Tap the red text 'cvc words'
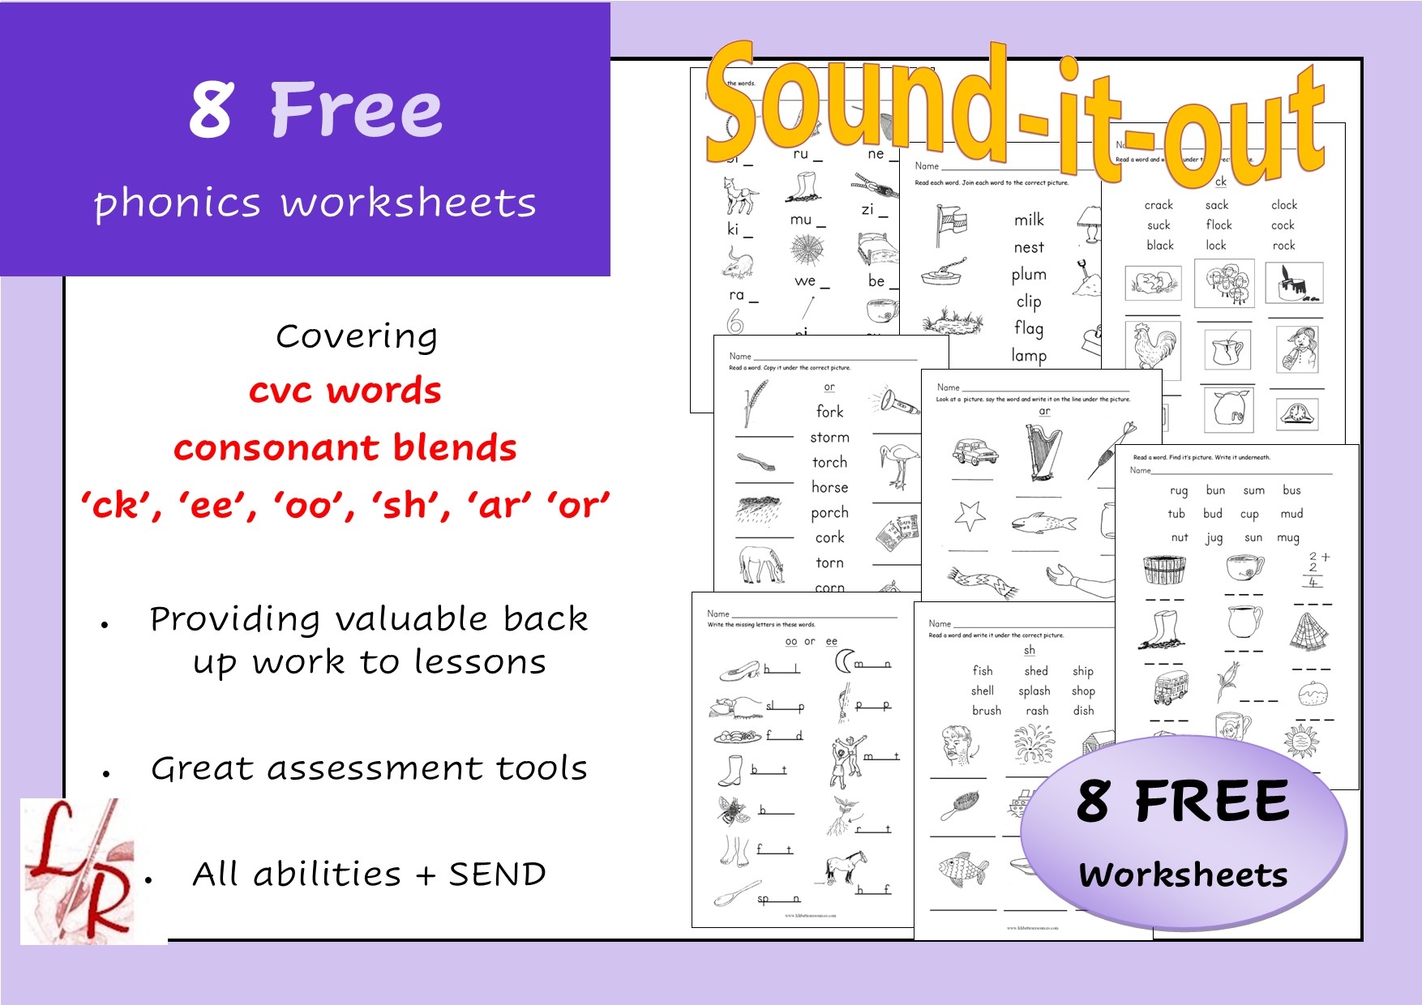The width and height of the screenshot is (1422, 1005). point(345,391)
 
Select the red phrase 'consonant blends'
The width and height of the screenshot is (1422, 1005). point(345,447)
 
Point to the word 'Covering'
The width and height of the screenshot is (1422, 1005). point(357,336)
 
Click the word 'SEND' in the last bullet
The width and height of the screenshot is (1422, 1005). point(497,874)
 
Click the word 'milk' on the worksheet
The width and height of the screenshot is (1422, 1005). point(1029,220)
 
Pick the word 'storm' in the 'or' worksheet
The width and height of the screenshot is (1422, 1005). point(829,438)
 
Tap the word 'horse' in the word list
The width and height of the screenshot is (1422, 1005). point(829,487)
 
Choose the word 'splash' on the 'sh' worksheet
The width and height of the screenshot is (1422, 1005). point(1034,691)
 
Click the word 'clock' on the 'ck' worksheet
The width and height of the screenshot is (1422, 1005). point(1283,205)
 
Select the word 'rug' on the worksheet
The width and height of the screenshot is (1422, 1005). point(1178,491)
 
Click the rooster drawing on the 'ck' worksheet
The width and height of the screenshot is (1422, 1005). point(1153,345)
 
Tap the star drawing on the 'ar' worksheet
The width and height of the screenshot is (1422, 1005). point(970,515)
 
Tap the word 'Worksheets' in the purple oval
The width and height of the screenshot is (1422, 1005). point(1183,875)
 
